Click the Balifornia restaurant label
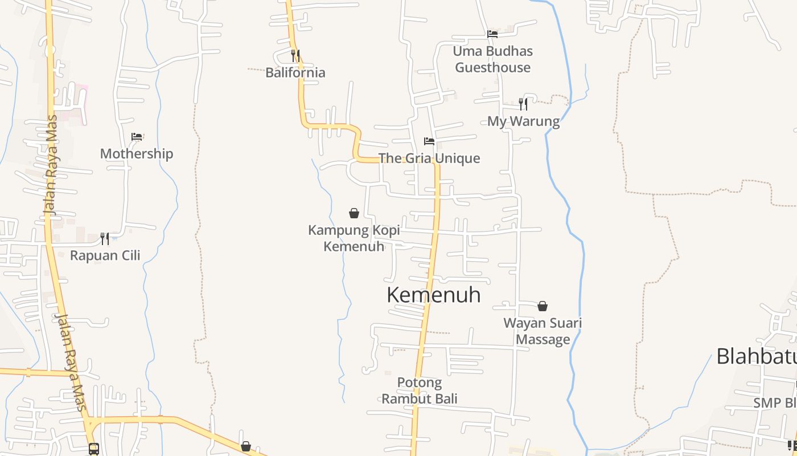(x=295, y=72)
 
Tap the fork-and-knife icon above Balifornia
(x=295, y=55)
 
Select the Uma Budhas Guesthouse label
(x=493, y=59)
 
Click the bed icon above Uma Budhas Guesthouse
(x=493, y=34)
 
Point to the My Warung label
(x=523, y=121)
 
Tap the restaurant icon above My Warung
(x=523, y=104)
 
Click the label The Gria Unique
(x=429, y=158)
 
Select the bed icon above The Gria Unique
(x=429, y=141)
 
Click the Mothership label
(x=137, y=154)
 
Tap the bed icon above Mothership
(x=137, y=137)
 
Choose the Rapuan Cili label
(x=105, y=255)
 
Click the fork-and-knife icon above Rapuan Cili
(x=105, y=238)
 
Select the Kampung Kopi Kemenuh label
(x=354, y=238)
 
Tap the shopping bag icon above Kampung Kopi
(x=354, y=213)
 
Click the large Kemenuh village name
(x=434, y=295)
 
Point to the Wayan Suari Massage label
(x=543, y=331)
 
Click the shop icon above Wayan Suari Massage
(x=543, y=306)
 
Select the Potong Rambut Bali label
(x=420, y=390)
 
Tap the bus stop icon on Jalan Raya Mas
(x=94, y=449)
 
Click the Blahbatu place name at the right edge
(x=756, y=356)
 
